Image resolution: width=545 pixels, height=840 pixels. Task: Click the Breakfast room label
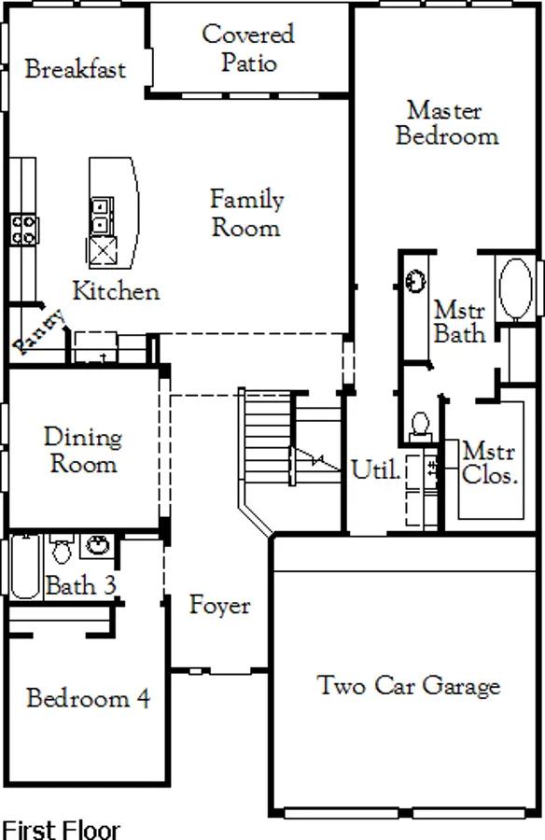76,69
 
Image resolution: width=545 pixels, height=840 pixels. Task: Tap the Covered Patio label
248,49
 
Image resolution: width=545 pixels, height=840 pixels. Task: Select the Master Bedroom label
447,123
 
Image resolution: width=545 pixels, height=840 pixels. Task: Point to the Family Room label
246,213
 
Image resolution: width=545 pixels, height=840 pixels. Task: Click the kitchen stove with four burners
23,230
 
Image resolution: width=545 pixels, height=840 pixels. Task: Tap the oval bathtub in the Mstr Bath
515,289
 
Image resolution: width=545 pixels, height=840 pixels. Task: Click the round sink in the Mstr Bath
415,281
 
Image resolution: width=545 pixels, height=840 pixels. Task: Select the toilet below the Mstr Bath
421,427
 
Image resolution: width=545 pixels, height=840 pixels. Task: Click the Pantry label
38,332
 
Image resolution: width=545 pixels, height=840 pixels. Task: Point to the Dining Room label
83,450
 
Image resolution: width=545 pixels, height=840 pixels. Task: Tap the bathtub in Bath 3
24,567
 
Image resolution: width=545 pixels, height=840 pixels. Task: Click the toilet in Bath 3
63,548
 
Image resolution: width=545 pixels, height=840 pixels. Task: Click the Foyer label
219,606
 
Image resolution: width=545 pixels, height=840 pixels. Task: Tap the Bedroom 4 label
89,698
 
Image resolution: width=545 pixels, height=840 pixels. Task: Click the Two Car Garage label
409,685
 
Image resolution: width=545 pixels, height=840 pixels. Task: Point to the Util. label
376,469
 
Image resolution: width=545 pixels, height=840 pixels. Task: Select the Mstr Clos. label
489,463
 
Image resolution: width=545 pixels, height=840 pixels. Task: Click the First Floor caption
61,830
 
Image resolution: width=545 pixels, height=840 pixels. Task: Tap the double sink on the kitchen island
102,215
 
